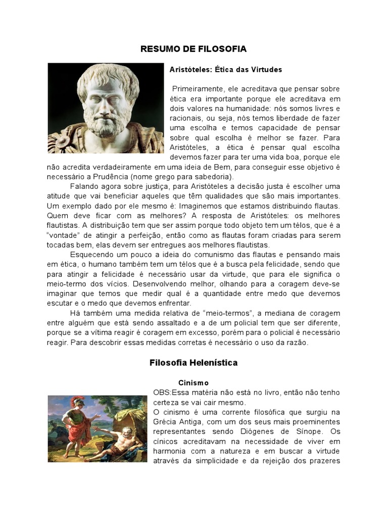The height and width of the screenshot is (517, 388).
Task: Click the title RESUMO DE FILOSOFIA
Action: [193, 49]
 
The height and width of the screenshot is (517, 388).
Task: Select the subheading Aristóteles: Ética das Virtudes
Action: [225, 69]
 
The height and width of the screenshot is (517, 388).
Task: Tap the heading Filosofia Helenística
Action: [193, 363]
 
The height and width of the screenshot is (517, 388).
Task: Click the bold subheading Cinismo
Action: [193, 383]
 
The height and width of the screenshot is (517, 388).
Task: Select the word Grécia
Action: [165, 422]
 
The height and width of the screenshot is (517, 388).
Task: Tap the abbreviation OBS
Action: [161, 392]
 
